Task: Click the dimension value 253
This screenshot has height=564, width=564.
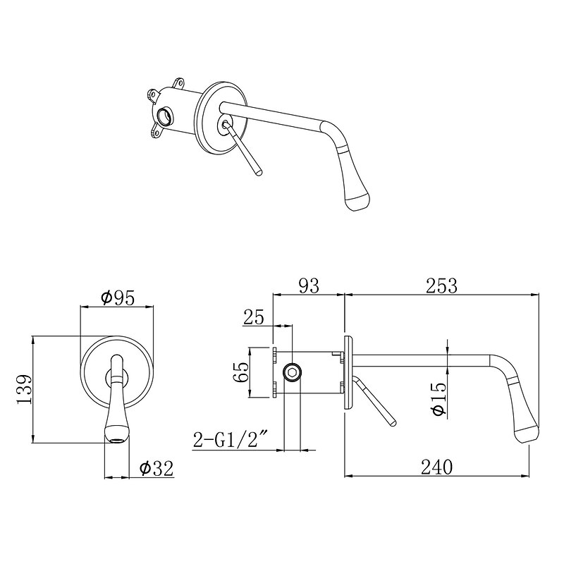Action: pyautogui.click(x=441, y=286)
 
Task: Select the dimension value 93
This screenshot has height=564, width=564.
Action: pyautogui.click(x=309, y=286)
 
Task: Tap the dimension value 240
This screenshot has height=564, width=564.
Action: pyautogui.click(x=436, y=467)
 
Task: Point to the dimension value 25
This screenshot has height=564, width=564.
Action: pyautogui.click(x=254, y=317)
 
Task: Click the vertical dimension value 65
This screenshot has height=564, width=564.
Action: pyautogui.click(x=241, y=372)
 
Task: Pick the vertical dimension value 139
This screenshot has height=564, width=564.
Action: pyautogui.click(x=25, y=389)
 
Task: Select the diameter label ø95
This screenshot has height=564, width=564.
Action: pyautogui.click(x=118, y=298)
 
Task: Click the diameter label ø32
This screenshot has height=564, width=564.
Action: pyautogui.click(x=157, y=468)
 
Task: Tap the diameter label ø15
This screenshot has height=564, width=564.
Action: pyautogui.click(x=439, y=398)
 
